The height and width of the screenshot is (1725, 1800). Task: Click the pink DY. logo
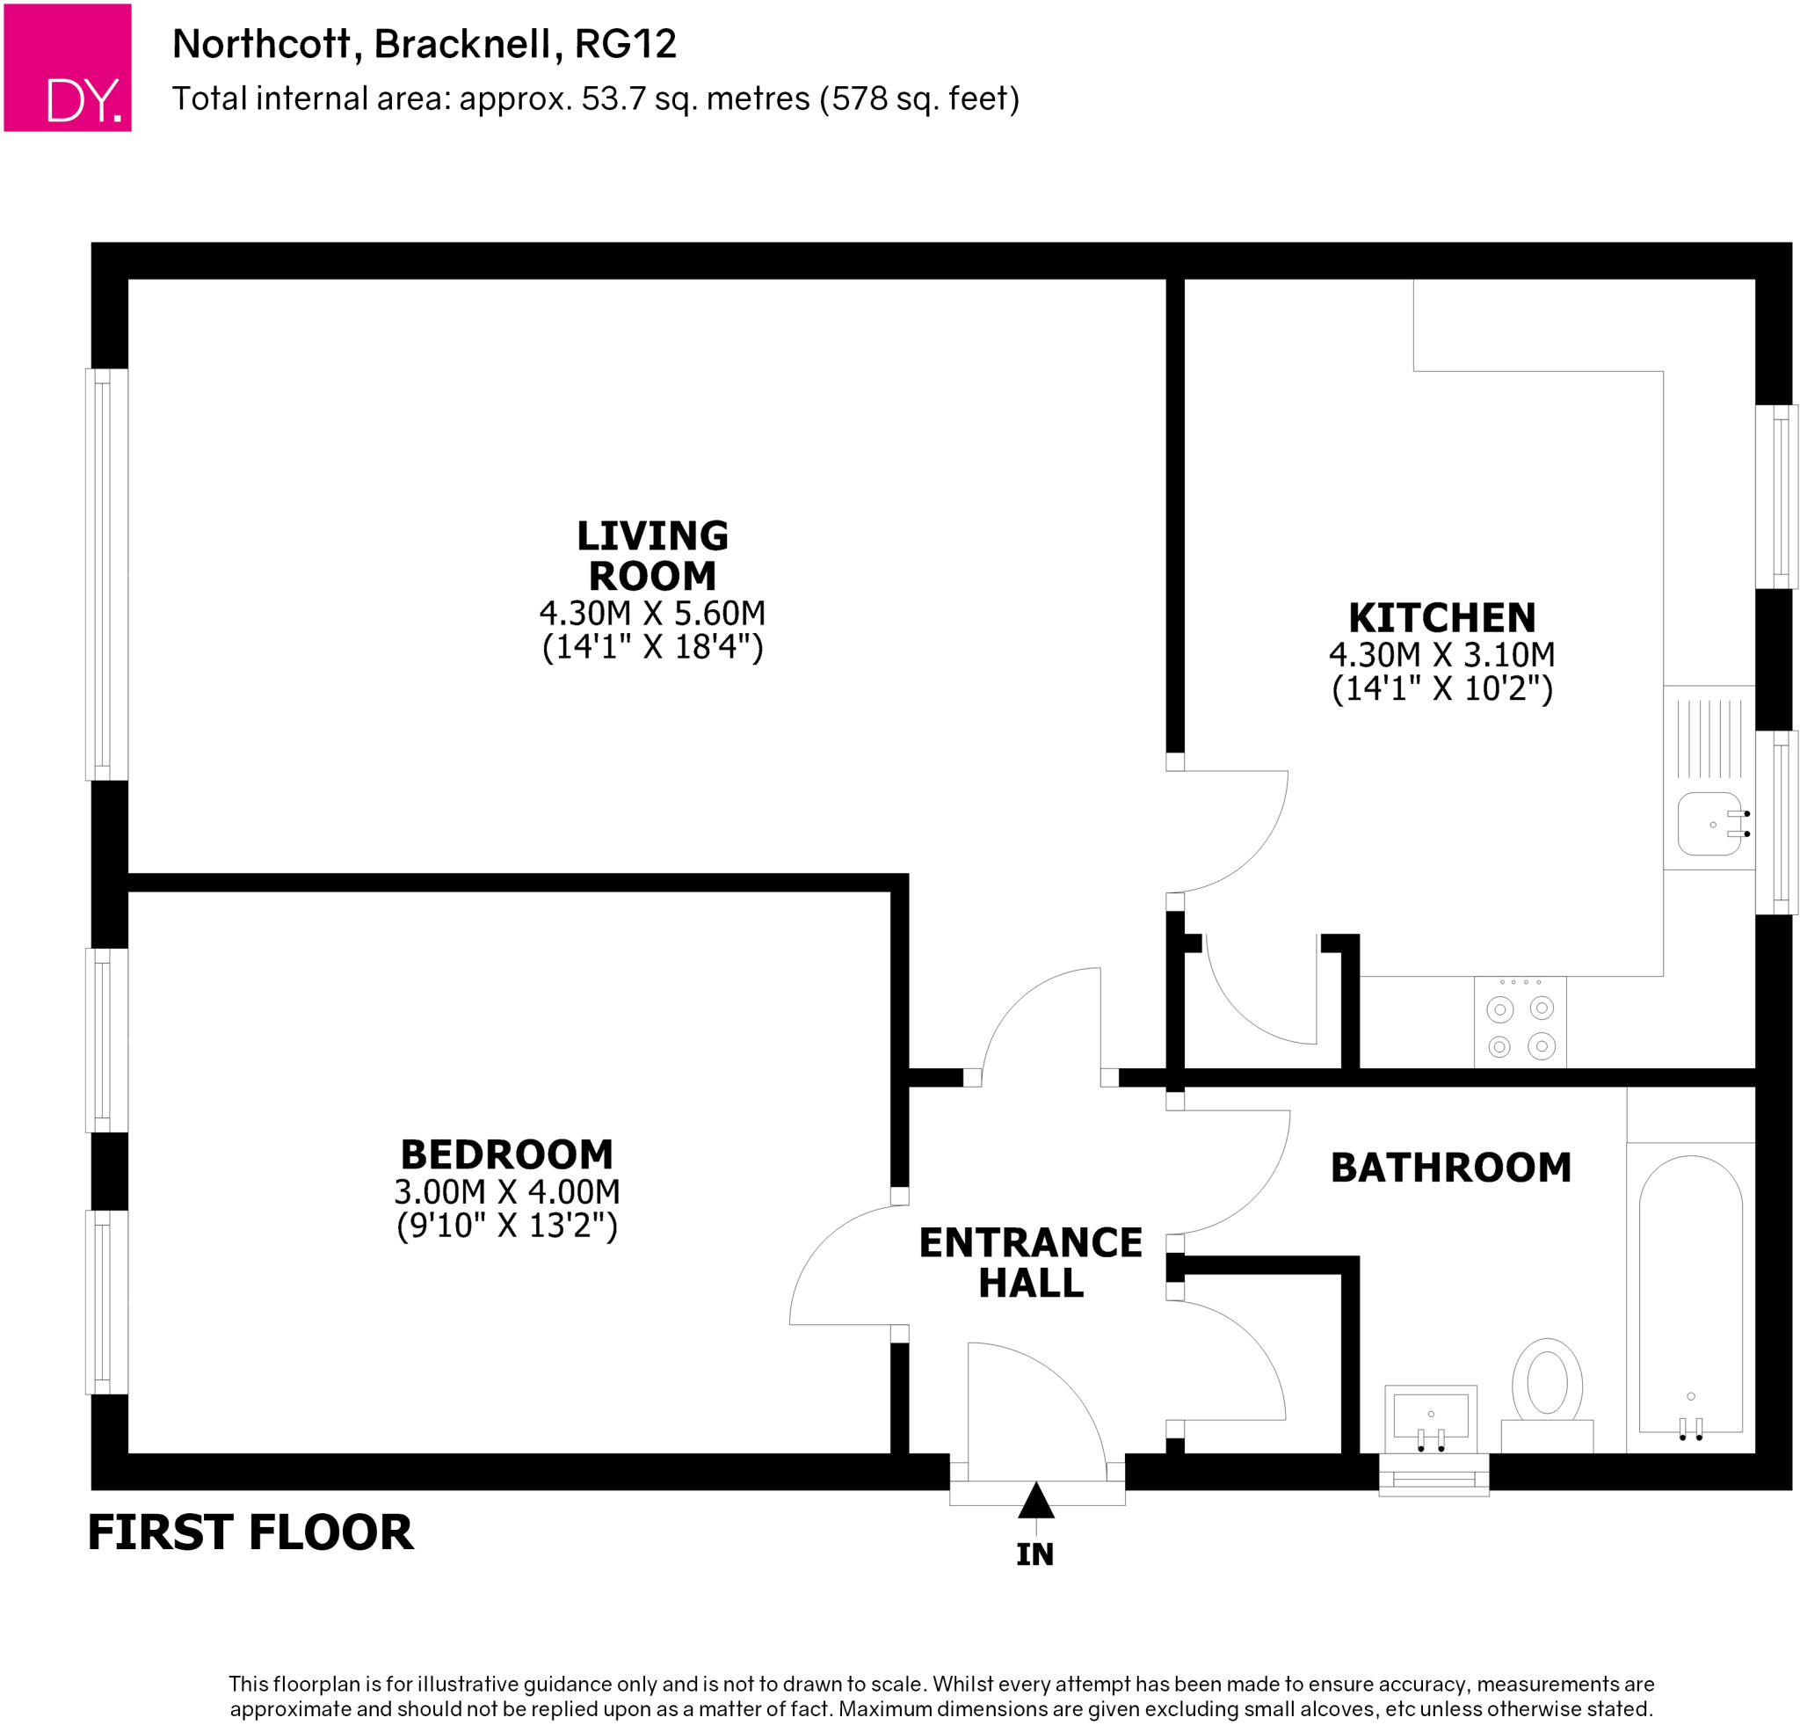pyautogui.click(x=67, y=67)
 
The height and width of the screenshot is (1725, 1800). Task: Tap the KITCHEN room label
pyautogui.click(x=1441, y=618)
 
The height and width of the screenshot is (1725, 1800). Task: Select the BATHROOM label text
pyautogui.click(x=1451, y=1168)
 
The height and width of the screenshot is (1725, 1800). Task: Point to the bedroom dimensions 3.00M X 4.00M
pyautogui.click(x=507, y=1192)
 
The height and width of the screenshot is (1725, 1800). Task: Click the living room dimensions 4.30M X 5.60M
pyautogui.click(x=652, y=613)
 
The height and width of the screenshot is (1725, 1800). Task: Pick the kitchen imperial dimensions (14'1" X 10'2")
pyautogui.click(x=1441, y=689)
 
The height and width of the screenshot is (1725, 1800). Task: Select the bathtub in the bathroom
pyautogui.click(x=1691, y=1295)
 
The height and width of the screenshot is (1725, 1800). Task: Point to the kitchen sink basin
pyautogui.click(x=1709, y=824)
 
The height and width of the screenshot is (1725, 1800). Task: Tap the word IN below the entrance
pyautogui.click(x=1035, y=1555)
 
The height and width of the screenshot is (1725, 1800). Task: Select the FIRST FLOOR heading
pyautogui.click(x=250, y=1533)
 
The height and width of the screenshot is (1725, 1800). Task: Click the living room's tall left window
pyautogui.click(x=106, y=574)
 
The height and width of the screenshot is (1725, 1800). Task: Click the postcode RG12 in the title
pyautogui.click(x=626, y=44)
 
